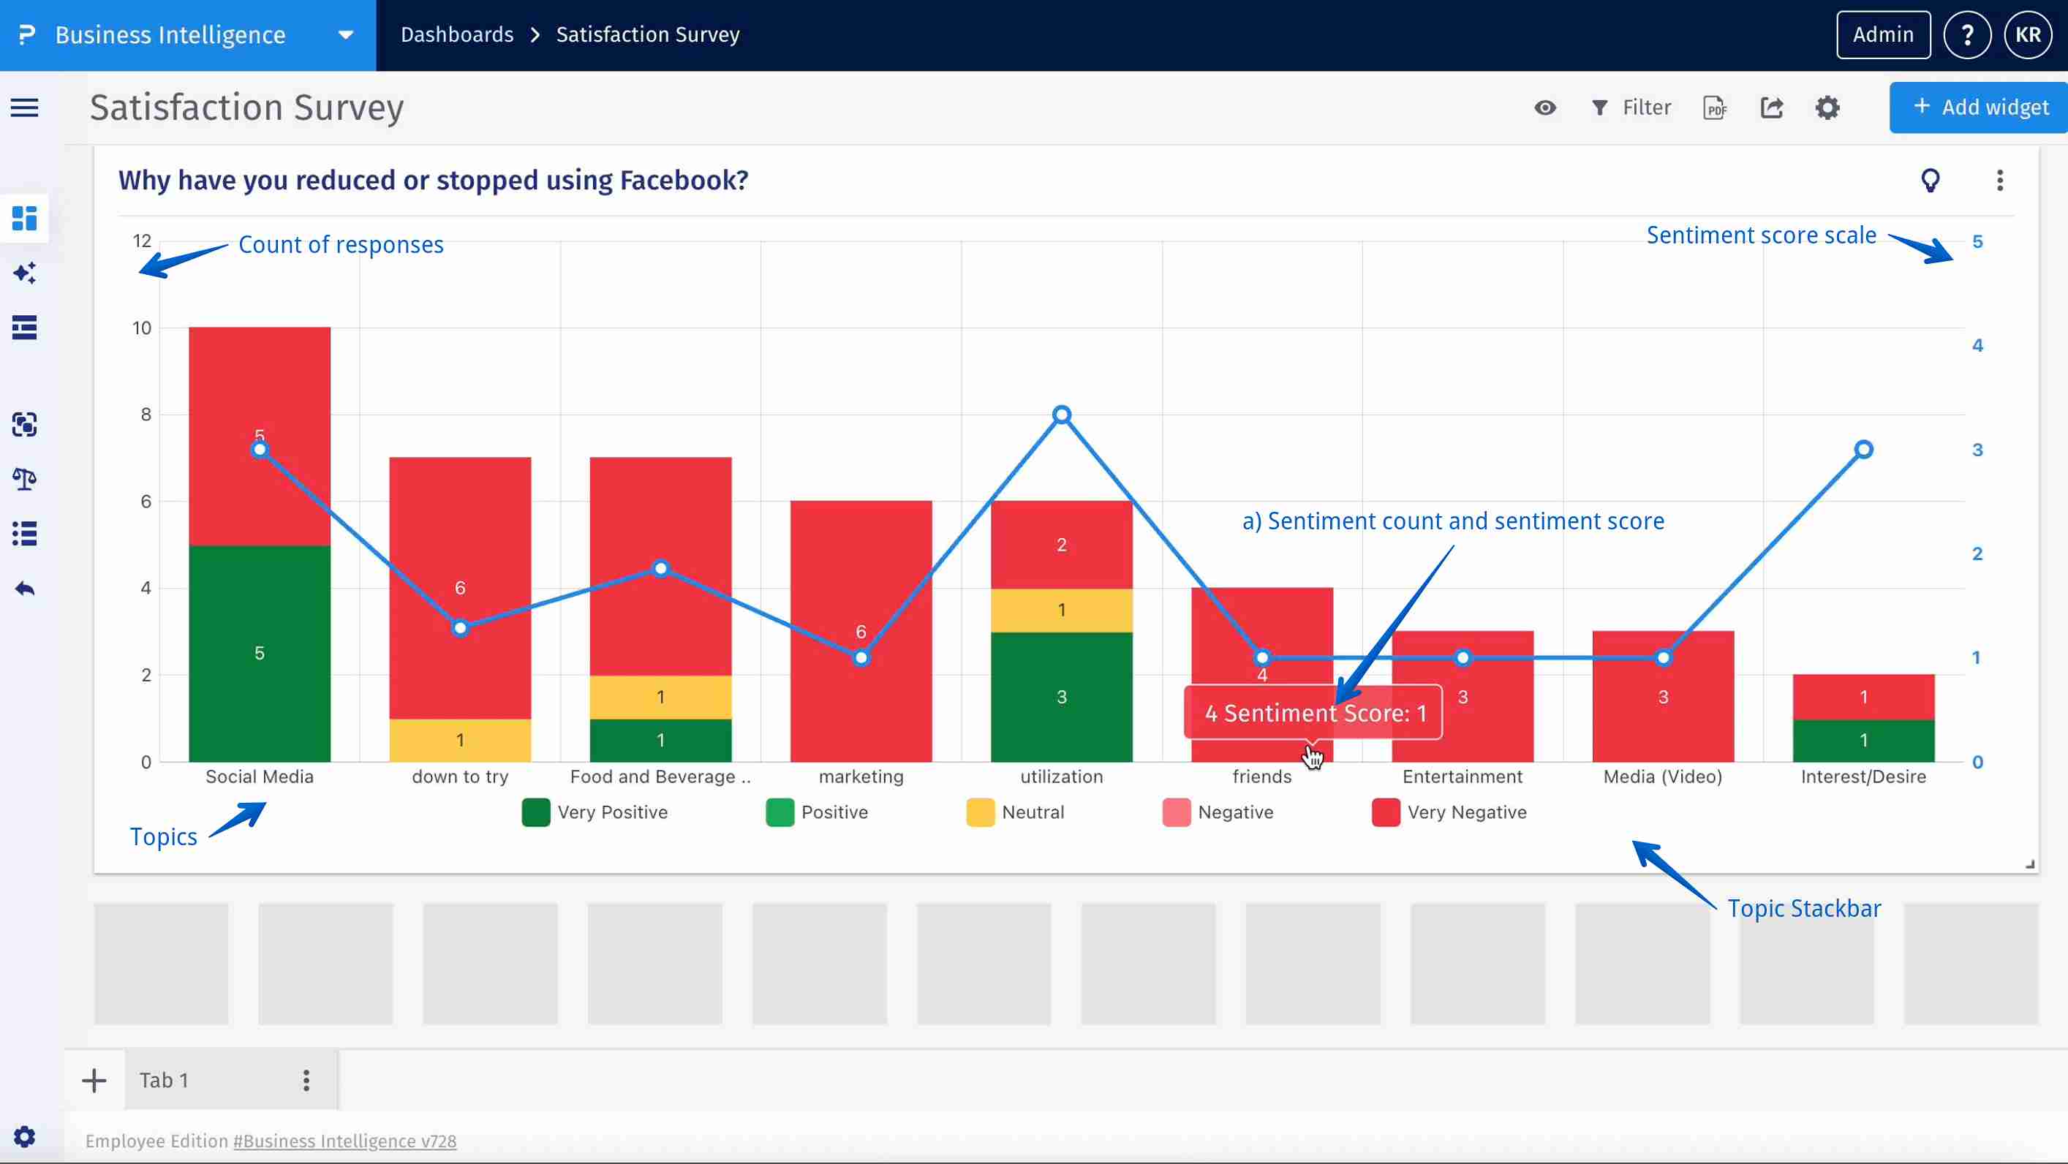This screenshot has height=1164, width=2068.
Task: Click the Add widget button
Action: point(1980,107)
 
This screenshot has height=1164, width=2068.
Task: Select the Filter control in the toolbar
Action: point(1631,107)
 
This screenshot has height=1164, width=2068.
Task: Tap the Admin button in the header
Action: point(1882,34)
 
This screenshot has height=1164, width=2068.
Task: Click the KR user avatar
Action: point(2028,34)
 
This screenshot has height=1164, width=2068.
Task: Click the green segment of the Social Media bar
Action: point(260,654)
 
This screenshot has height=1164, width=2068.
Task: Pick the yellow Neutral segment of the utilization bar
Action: point(1061,610)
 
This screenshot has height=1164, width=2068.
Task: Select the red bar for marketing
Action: point(861,578)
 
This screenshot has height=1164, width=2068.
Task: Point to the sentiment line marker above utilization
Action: point(1061,415)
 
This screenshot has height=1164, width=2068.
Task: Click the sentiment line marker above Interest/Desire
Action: point(1863,450)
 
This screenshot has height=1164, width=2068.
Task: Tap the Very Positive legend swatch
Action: point(535,812)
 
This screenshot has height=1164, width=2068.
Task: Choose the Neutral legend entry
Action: point(1016,812)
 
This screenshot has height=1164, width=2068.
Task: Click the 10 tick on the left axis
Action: point(142,328)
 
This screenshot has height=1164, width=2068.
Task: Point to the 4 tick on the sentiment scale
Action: point(1977,345)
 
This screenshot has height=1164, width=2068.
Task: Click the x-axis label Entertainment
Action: point(1462,776)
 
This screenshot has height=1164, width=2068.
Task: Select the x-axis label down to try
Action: point(460,776)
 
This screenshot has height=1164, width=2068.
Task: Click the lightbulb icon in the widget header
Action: point(1930,180)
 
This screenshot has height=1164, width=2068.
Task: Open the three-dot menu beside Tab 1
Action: point(306,1080)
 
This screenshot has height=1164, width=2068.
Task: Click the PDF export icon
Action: point(1715,107)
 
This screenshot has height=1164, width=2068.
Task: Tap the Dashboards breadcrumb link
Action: point(457,34)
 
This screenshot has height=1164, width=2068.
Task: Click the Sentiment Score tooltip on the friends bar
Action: point(1313,713)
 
